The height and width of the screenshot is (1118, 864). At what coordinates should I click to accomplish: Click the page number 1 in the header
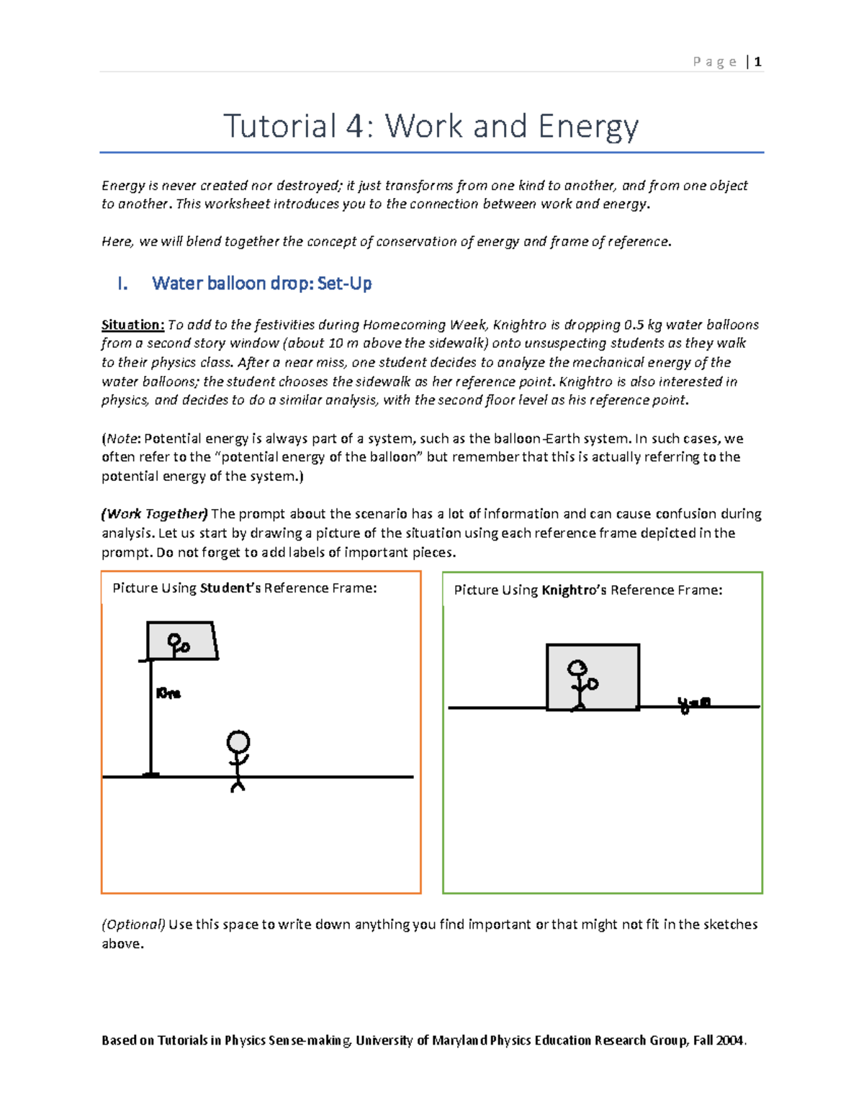coord(757,62)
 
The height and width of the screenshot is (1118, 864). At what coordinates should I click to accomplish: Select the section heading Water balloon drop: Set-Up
coord(261,284)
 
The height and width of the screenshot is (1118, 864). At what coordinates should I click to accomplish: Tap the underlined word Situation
coord(132,325)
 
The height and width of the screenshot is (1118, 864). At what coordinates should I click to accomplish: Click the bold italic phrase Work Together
coord(155,514)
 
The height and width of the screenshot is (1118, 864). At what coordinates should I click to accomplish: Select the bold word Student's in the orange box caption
coord(230,588)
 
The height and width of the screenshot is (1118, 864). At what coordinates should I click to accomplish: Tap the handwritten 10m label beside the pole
coord(168,693)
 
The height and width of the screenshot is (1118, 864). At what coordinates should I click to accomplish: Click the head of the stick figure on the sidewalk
coord(238,741)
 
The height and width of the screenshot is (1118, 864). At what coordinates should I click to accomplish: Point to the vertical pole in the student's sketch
coord(150,720)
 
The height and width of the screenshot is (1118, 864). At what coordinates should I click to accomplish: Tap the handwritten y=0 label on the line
coord(693,703)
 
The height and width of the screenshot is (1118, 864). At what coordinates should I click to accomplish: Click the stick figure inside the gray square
coord(579,684)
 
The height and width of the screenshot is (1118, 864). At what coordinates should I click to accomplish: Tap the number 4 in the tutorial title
coord(354,127)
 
